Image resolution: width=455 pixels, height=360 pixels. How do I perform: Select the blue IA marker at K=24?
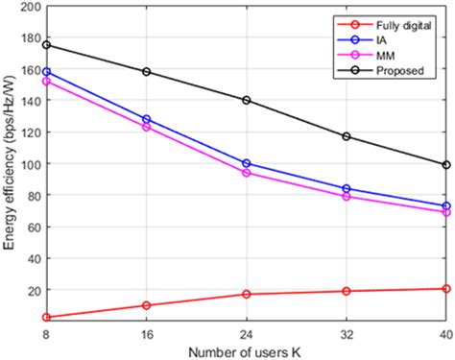point(247,163)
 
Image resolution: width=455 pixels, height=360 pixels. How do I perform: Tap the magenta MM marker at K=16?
point(146,127)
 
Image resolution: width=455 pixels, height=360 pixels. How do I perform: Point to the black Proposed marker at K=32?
point(347,136)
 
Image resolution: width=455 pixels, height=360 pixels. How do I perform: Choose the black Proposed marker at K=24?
point(247,100)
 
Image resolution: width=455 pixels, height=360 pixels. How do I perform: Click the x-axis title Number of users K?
point(246,349)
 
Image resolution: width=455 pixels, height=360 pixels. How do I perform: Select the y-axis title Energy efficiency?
point(9,163)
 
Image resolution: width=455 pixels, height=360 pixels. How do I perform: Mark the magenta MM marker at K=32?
point(347,197)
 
